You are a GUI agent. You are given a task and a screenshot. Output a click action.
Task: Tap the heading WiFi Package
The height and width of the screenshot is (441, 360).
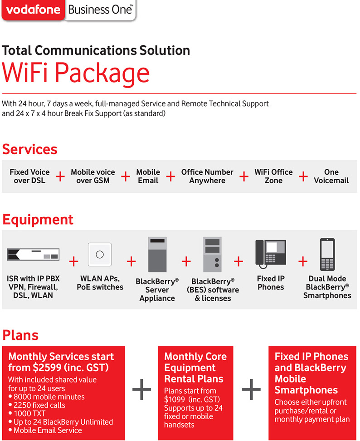[76, 73]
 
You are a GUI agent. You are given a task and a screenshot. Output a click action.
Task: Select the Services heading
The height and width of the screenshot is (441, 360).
[30, 149]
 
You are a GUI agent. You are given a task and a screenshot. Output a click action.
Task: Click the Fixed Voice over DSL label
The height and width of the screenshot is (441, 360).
[29, 176]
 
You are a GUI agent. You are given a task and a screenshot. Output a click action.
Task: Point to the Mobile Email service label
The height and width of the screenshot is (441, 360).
[148, 176]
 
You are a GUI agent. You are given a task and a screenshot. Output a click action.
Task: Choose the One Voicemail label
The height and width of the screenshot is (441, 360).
[331, 176]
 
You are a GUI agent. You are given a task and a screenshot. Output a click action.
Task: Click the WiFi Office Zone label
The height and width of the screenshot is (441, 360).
[273, 176]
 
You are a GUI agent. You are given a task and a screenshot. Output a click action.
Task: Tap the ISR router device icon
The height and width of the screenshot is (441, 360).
[34, 255]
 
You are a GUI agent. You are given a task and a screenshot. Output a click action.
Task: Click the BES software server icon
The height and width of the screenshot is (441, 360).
[211, 254]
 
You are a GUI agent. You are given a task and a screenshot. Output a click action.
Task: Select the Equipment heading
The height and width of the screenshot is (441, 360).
[38, 220]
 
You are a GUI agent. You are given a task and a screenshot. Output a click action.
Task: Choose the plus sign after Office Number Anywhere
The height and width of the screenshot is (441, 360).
[244, 176]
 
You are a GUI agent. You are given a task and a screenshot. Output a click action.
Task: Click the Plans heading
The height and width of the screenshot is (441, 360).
[20, 335]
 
